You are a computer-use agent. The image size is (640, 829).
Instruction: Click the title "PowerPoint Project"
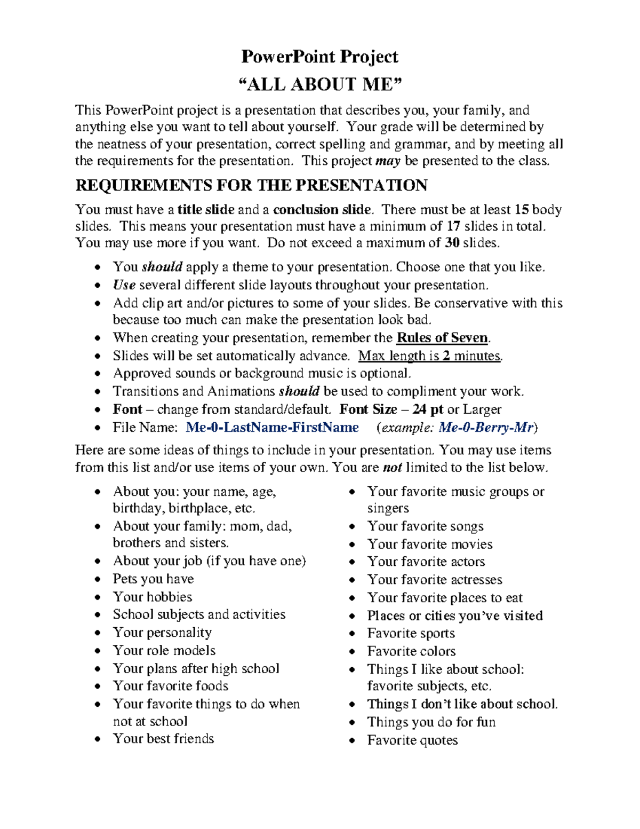pos(319,57)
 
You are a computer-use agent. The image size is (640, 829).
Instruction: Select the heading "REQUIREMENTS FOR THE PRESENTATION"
pos(251,185)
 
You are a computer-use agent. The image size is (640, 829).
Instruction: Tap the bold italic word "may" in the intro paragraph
pos(388,161)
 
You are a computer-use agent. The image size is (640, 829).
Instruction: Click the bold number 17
pos(453,226)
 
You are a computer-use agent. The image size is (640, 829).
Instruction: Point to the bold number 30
pos(452,243)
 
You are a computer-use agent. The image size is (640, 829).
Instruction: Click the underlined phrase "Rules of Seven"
pos(442,338)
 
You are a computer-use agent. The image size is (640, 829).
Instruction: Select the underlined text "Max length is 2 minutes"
pos(429,356)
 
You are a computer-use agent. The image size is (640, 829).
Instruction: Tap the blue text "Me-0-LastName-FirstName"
pos(272,428)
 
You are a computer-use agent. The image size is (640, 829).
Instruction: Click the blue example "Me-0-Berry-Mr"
pos(486,428)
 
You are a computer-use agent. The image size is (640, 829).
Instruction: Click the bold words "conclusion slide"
pos(322,209)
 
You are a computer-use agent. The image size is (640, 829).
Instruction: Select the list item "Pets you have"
pos(153,579)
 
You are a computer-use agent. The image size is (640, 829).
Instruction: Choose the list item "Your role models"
pos(164,651)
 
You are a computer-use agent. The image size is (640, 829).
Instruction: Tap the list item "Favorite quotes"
pos(412,740)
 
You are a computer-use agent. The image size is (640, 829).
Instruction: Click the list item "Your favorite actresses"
pos(435,580)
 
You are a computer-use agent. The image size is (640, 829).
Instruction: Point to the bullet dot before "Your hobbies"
pos(97,597)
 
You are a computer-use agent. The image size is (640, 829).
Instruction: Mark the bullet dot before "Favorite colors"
pos(352,652)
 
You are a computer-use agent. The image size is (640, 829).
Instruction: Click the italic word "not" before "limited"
pos(393,468)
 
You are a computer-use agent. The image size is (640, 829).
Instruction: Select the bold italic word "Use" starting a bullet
pos(124,285)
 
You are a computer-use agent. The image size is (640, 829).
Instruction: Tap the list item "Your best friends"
pos(163,739)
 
